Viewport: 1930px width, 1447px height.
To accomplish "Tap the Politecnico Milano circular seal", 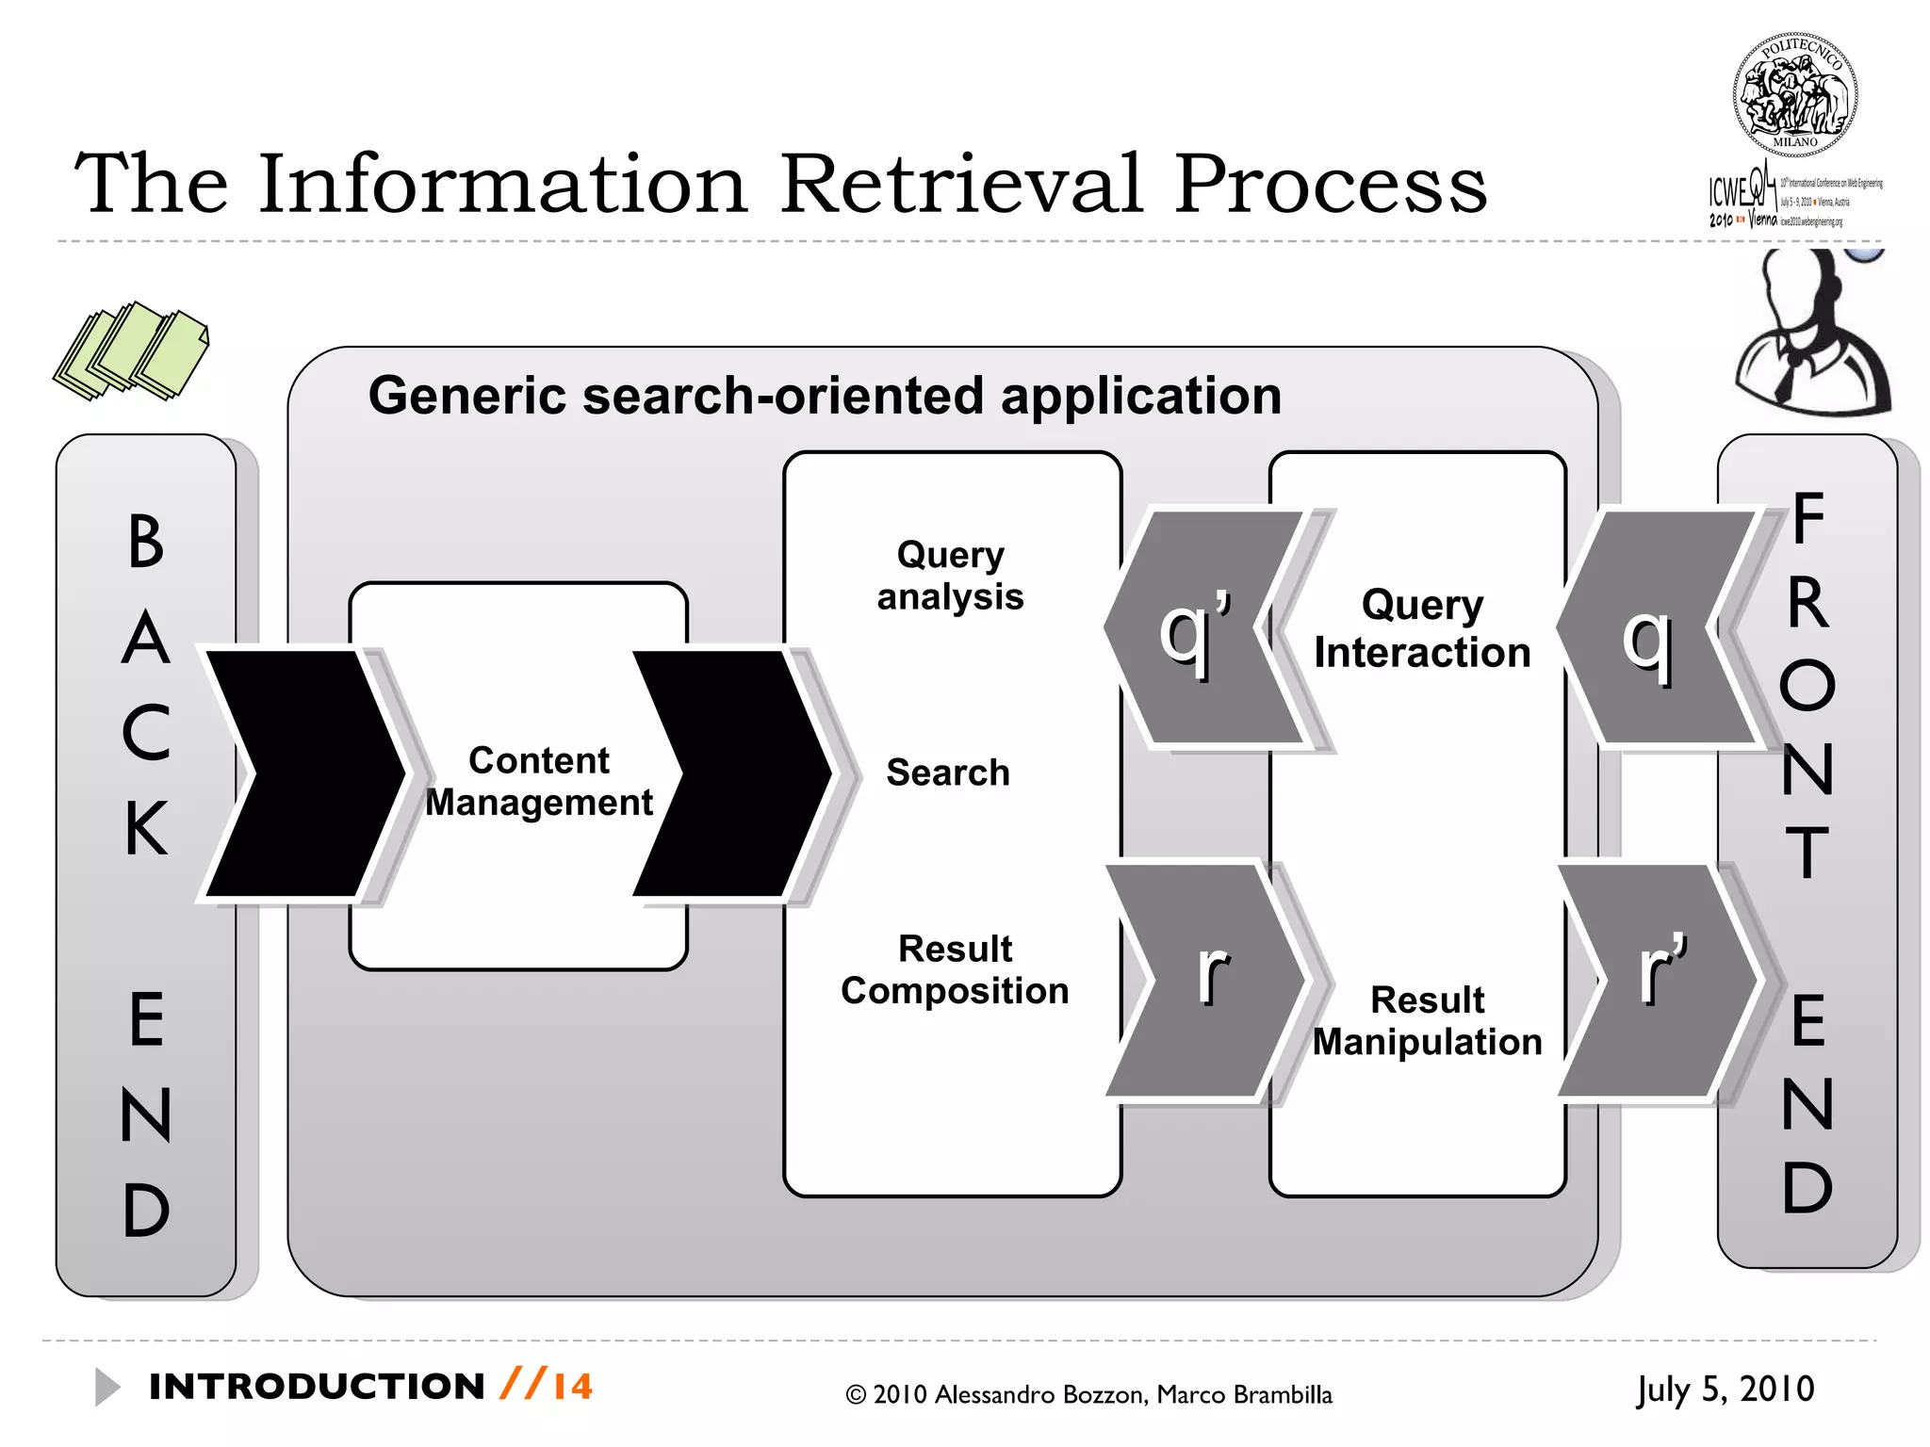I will coord(1794,95).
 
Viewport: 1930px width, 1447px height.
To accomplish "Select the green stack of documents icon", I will coord(132,351).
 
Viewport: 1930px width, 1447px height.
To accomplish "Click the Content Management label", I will coord(538,781).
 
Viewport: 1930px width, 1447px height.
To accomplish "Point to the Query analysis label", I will coord(950,576).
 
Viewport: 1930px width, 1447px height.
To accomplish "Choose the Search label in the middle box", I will coord(947,772).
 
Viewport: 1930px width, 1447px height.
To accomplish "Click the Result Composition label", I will coord(955,969).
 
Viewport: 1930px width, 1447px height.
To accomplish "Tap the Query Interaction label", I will coord(1422,628).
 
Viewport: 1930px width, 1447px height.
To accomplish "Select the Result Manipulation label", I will coord(1427,1020).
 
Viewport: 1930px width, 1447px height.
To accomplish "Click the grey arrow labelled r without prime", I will coord(1206,980).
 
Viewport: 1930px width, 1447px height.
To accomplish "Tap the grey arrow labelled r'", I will coord(1659,980).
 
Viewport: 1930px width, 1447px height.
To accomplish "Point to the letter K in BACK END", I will coord(146,828).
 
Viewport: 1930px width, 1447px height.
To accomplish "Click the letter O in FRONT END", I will coord(1807,685).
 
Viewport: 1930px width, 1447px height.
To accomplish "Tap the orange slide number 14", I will coord(573,1387).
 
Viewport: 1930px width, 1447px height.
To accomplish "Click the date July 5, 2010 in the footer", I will coord(1725,1390).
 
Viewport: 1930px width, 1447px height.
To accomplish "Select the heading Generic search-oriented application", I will coord(825,396).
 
